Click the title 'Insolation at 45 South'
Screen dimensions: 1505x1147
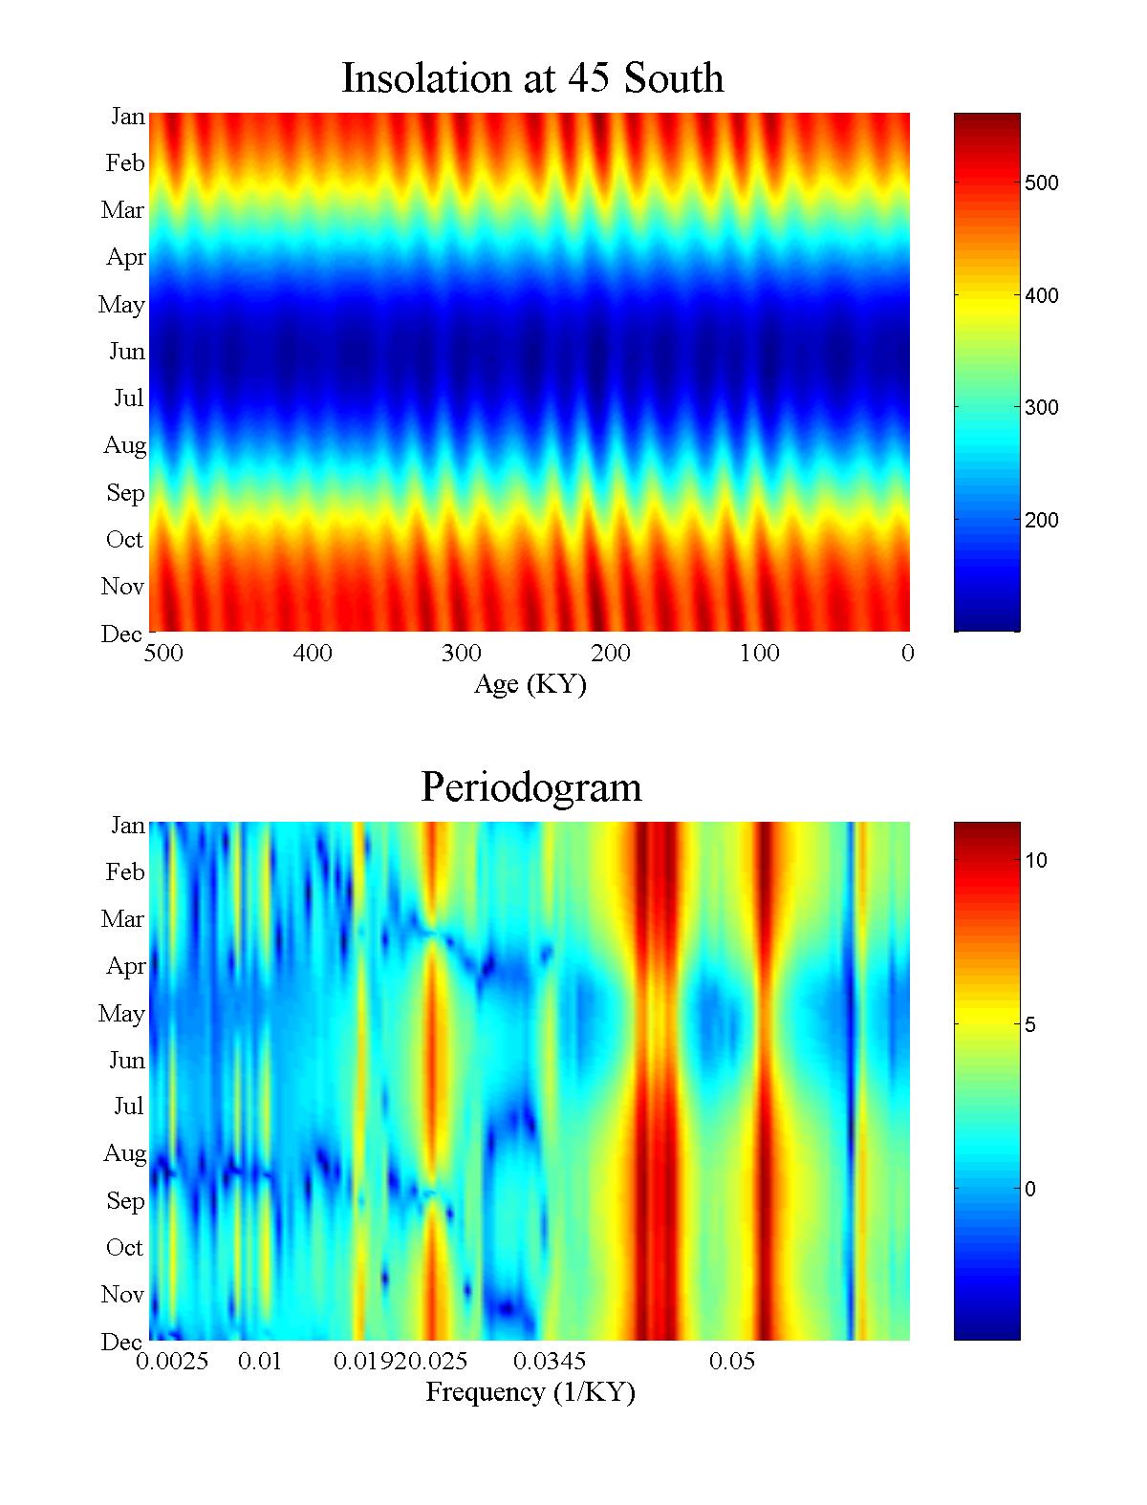(532, 77)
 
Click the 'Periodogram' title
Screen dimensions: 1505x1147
(530, 787)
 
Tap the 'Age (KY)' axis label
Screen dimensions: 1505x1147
(530, 684)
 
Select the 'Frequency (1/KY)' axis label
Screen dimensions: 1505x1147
(530, 1391)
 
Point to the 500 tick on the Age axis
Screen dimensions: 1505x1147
(163, 654)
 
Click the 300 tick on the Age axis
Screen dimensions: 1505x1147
(461, 654)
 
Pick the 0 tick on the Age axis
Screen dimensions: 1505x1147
(907, 654)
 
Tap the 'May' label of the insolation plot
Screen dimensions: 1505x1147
(121, 305)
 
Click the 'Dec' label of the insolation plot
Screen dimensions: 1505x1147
(121, 634)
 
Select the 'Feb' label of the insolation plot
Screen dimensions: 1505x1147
(125, 163)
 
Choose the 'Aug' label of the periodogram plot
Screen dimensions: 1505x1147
(124, 1153)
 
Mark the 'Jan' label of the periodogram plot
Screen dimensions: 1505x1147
(127, 825)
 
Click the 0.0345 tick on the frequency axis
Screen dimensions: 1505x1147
(550, 1361)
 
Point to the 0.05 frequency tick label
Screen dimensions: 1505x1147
(732, 1361)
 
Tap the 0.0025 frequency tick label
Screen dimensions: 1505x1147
(172, 1361)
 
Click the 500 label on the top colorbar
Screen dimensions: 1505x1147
(1041, 183)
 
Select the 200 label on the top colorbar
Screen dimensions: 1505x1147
(1041, 521)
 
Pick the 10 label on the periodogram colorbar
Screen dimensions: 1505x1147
(1036, 861)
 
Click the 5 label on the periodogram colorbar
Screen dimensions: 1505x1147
(1030, 1025)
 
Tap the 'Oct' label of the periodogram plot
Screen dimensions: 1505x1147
(124, 1247)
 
